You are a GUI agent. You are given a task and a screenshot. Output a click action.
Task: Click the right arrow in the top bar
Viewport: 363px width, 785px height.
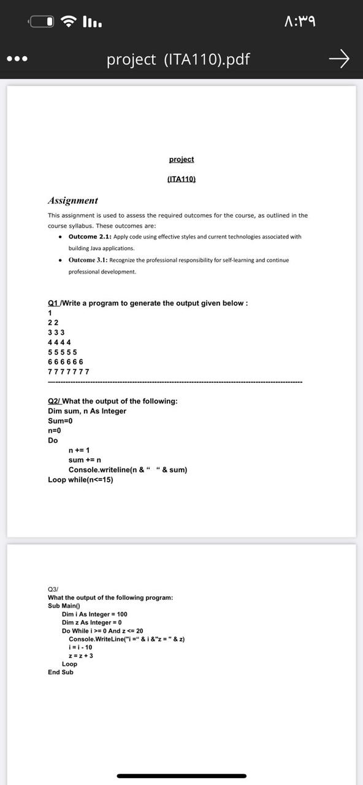(338, 59)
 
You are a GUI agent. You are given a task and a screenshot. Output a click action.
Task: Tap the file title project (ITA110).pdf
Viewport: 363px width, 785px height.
(178, 59)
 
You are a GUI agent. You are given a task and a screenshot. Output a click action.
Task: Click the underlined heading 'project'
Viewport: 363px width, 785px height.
(181, 159)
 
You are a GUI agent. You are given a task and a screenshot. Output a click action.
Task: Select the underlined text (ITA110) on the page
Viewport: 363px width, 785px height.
(181, 179)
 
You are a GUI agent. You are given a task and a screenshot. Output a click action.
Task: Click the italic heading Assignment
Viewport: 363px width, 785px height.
(73, 201)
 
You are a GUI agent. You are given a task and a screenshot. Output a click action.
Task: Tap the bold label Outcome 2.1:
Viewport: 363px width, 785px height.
(90, 237)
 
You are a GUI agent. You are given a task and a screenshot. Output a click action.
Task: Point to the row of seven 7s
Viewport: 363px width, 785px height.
(69, 372)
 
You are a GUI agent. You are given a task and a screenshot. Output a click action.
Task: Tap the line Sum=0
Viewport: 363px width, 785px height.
(60, 421)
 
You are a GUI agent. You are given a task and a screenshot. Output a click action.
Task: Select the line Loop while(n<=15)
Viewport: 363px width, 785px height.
(80, 480)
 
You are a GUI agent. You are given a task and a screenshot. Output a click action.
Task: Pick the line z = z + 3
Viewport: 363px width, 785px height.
(81, 656)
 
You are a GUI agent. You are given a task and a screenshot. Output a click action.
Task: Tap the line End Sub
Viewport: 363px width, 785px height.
(61, 672)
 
